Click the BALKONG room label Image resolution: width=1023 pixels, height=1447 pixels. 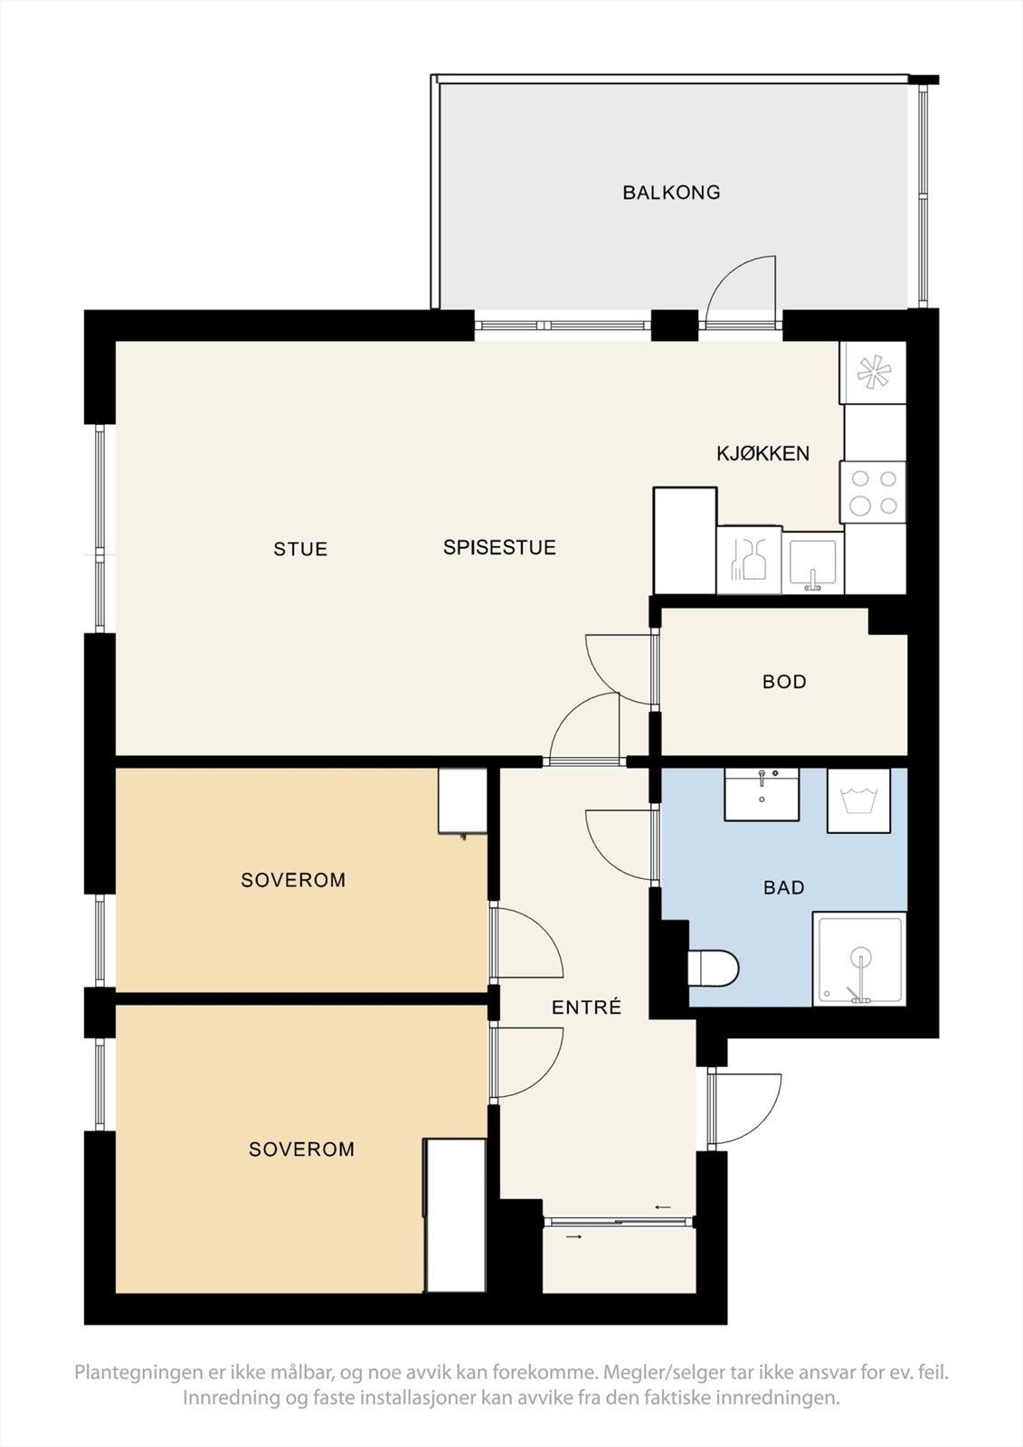pyautogui.click(x=671, y=193)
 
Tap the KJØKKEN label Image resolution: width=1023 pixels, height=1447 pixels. pyautogui.click(x=763, y=453)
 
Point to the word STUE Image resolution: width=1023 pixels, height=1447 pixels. pyautogui.click(x=300, y=549)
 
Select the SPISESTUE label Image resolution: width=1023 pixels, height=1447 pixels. pyautogui.click(x=499, y=548)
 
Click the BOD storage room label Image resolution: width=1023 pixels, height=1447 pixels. pyautogui.click(x=784, y=682)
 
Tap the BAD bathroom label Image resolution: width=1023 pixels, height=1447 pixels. pyautogui.click(x=784, y=887)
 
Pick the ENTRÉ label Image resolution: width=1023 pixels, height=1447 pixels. pyautogui.click(x=586, y=1007)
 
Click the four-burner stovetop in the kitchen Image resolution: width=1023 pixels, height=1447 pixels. pyautogui.click(x=873, y=492)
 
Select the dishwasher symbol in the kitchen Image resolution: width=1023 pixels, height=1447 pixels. pyautogui.click(x=749, y=560)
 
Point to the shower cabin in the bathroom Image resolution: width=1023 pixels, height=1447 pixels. pyautogui.click(x=859, y=960)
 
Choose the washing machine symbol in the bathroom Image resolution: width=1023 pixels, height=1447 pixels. pyautogui.click(x=859, y=800)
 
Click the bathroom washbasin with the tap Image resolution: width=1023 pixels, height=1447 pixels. pyautogui.click(x=762, y=795)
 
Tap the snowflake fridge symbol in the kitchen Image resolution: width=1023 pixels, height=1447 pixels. pyautogui.click(x=873, y=373)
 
